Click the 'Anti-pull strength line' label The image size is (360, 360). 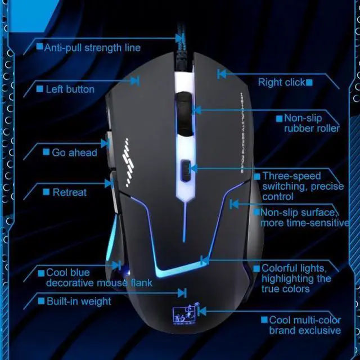click(92, 48)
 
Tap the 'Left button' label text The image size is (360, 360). click(69, 89)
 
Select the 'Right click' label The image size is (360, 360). click(281, 83)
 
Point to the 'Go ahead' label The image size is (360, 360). click(74, 152)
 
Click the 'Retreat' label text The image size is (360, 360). click(69, 192)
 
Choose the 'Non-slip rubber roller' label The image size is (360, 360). click(311, 123)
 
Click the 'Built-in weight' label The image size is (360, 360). click(79, 301)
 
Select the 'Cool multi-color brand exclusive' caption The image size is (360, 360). click(304, 325)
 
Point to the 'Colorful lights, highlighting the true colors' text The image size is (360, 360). click(296, 278)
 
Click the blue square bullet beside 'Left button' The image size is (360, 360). click(39, 89)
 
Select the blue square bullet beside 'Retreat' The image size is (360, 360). click(46, 193)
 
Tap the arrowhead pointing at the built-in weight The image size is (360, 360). click(182, 292)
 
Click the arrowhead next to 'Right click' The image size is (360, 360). click(222, 73)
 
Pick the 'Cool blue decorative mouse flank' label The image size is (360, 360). click(98, 278)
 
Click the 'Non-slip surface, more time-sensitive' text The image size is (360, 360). click(304, 218)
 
